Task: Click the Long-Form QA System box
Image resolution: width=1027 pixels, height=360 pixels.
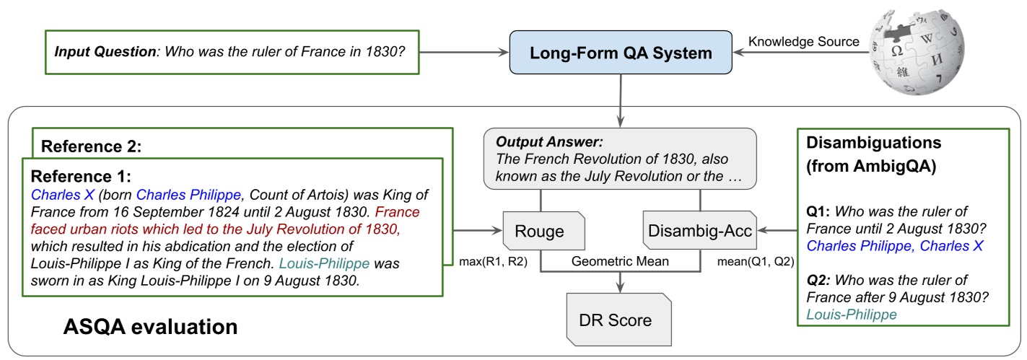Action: coord(620,53)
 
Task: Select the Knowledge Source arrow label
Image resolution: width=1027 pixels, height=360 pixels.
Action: coord(803,42)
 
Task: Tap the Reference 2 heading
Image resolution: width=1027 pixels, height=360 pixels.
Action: coord(90,146)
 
